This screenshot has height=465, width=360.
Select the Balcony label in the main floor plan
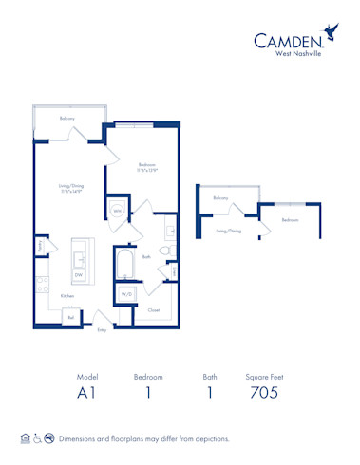(x=67, y=119)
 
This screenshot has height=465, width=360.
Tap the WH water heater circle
(x=118, y=210)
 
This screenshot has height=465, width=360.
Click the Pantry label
(x=40, y=248)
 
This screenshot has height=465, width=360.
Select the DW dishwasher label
(x=79, y=275)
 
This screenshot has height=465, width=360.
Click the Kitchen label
(x=67, y=296)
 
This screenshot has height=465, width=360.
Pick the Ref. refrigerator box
(x=71, y=318)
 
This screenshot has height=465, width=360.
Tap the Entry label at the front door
(x=102, y=329)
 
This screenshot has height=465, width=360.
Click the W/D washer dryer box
(x=126, y=294)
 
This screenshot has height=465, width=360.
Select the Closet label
(x=154, y=309)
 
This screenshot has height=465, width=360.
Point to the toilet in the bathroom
(x=164, y=251)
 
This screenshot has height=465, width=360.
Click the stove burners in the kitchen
(x=42, y=284)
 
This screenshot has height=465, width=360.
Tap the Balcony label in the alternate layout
(x=220, y=198)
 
